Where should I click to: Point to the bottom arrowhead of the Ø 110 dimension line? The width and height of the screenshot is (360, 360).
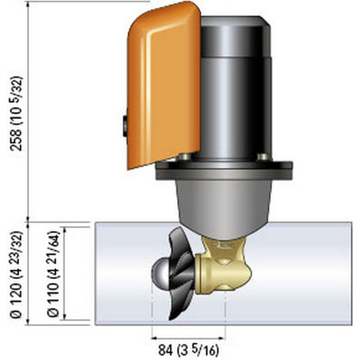pyautogui.click(x=62, y=317)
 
